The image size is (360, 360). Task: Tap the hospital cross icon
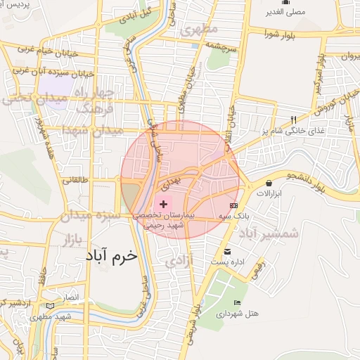164,203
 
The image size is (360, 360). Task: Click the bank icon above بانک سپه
233,205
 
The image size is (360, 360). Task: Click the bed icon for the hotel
237,302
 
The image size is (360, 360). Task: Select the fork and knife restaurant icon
294,120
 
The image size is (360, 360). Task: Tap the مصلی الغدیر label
284,12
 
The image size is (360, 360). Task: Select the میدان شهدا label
92,130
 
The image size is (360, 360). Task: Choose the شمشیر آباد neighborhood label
269,233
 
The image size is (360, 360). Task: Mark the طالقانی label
75,179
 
